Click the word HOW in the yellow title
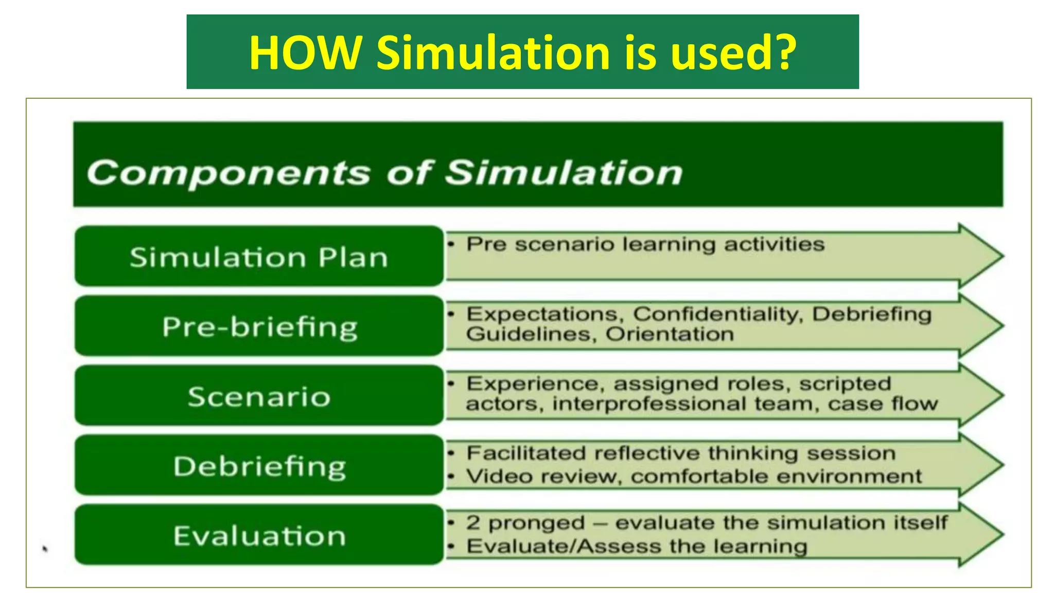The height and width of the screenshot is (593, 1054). (305, 53)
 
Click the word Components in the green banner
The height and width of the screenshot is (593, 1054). (228, 172)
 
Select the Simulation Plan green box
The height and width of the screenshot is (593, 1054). (259, 256)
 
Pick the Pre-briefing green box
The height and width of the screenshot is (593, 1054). (259, 326)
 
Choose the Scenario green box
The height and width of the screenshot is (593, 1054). (259, 396)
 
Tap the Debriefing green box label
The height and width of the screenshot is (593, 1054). (259, 466)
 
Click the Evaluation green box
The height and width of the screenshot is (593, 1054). (259, 536)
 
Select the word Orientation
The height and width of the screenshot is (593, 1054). (670, 335)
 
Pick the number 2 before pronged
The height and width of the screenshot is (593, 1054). (473, 523)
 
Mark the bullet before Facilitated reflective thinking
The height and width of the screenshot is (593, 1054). (451, 454)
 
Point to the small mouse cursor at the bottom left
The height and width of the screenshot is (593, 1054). (45, 549)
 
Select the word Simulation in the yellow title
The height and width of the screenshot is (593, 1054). (493, 53)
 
